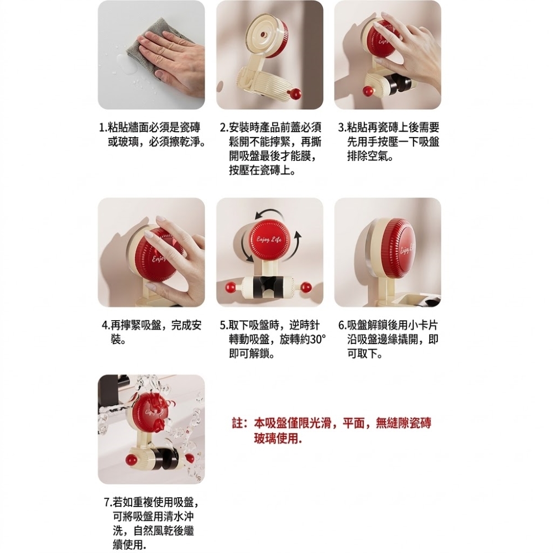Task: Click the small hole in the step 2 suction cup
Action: [263, 35]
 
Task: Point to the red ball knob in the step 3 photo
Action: [368, 91]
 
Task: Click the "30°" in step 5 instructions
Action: [318, 340]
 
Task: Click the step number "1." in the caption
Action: [103, 127]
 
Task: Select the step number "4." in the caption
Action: [106, 325]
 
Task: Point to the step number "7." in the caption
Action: [108, 502]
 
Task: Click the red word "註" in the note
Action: [237, 423]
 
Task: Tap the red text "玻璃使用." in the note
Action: [278, 439]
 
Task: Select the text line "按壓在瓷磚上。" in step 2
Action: [262, 171]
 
